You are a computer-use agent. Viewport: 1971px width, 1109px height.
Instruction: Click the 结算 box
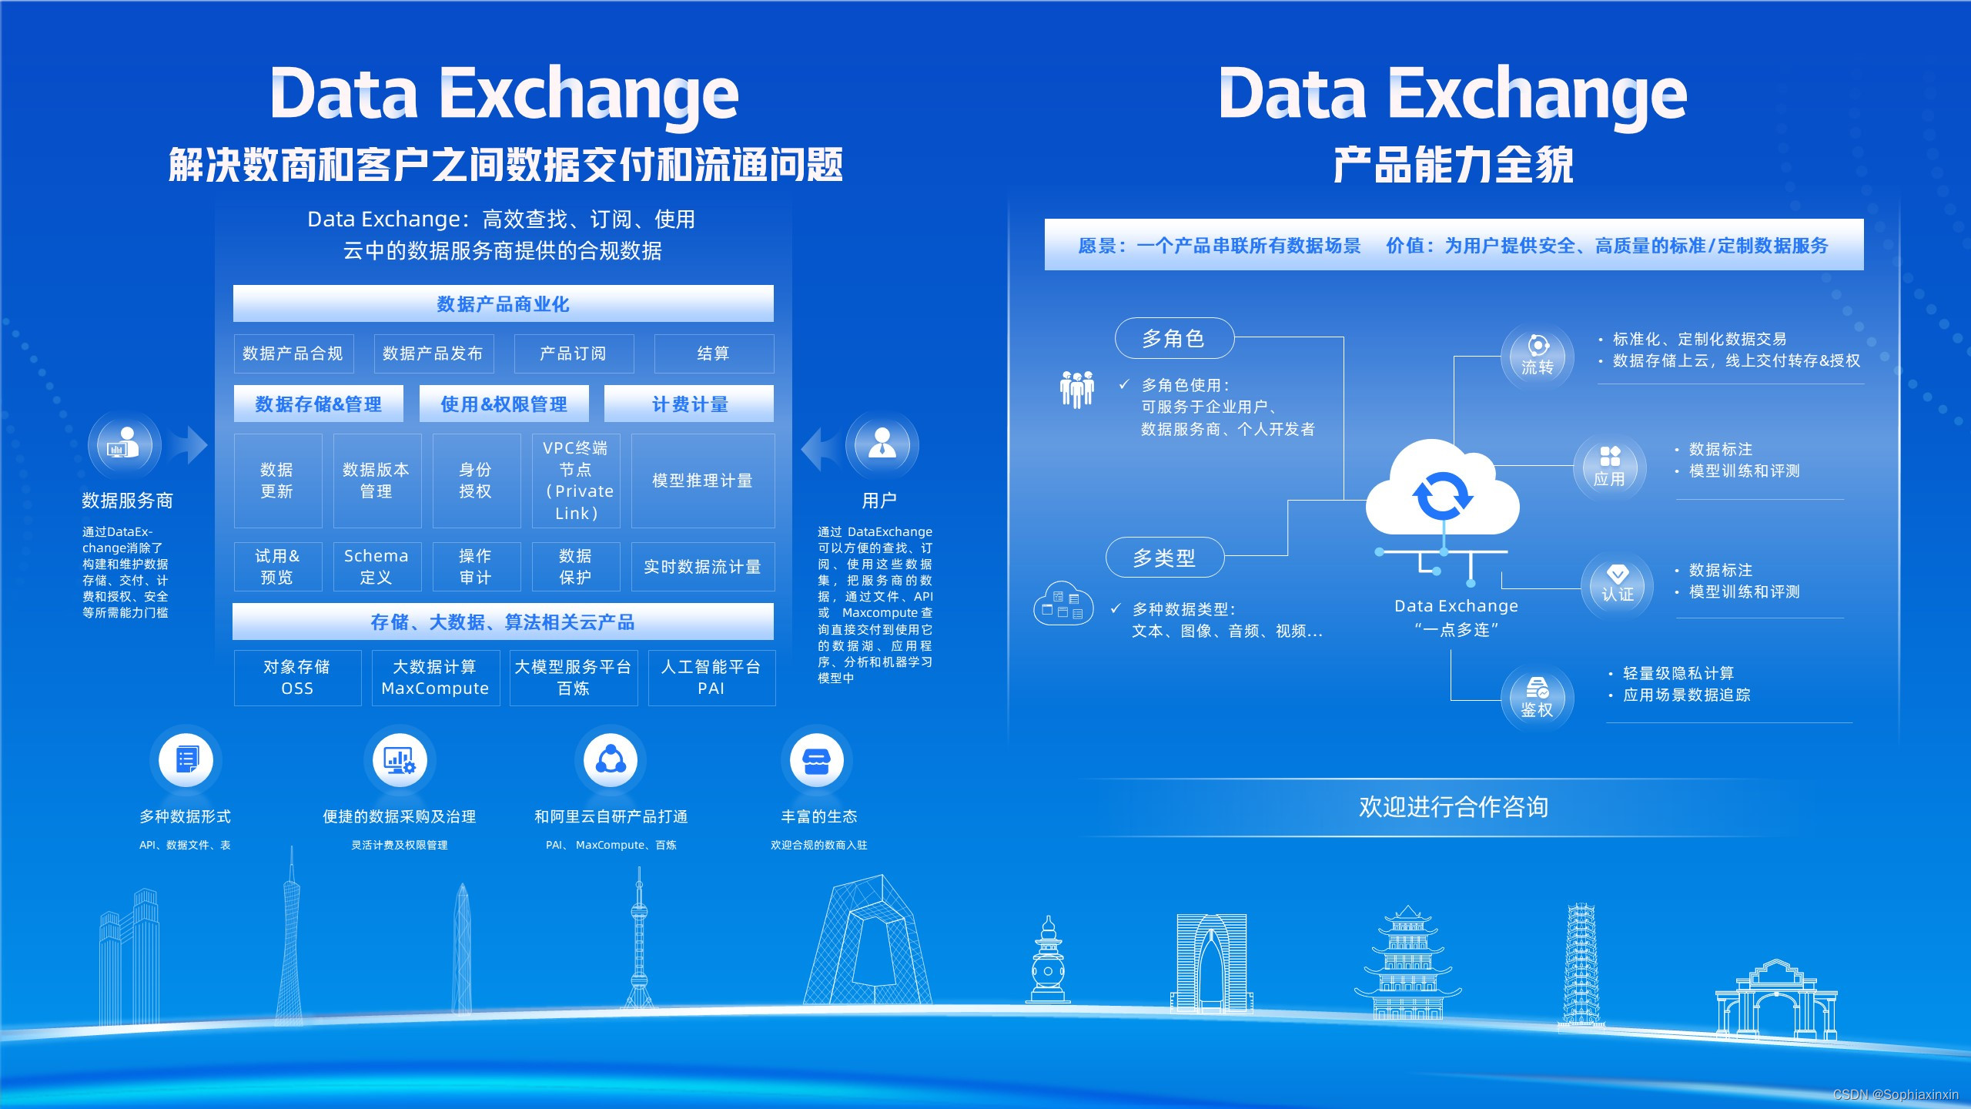coord(714,353)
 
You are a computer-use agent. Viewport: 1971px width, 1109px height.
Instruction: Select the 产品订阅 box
coord(574,353)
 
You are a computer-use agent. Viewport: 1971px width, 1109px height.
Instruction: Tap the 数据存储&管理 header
coord(319,404)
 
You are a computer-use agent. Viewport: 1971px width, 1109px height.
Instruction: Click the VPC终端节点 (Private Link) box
coord(576,481)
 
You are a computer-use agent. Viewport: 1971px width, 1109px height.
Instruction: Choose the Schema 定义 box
coord(376,567)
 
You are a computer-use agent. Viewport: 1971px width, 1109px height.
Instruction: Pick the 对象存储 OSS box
coord(297,678)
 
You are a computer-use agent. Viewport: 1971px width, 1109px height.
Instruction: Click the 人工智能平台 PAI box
coord(711,678)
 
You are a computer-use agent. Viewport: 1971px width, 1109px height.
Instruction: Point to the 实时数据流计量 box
coord(702,567)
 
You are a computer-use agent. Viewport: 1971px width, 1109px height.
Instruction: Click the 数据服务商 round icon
coord(124,445)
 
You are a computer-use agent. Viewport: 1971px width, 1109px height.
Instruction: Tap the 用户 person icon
coord(882,444)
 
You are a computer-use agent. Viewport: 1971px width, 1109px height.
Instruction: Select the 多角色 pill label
coord(1174,338)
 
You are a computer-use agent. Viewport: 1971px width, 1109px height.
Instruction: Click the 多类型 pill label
coord(1165,558)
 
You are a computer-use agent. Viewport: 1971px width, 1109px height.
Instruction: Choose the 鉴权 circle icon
coord(1538,698)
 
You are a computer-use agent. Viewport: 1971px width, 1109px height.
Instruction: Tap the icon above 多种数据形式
coord(186,760)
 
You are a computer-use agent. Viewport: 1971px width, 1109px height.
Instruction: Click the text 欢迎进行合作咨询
coord(1454,806)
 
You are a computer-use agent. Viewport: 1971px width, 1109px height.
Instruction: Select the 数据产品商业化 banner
coord(504,304)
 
